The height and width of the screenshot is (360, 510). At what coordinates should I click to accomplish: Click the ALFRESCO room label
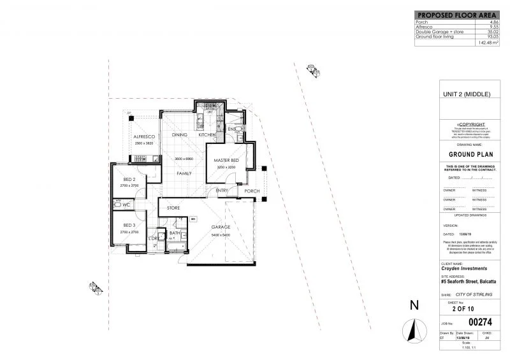tap(145, 137)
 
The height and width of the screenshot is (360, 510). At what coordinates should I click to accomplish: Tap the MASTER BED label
tap(226, 159)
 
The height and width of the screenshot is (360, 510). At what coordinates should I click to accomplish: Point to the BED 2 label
tap(129, 179)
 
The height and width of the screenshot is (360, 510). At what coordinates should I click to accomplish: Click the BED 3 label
tap(129, 226)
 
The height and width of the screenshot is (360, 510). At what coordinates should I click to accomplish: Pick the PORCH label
tap(252, 191)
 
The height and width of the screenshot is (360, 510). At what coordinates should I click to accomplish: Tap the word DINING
tap(180, 135)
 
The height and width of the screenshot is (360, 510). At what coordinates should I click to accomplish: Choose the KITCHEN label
tap(207, 135)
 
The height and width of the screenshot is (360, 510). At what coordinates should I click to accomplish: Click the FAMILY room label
tap(184, 173)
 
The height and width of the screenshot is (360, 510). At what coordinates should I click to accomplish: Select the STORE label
tap(173, 208)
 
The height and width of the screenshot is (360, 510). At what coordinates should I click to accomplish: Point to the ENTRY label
tap(222, 190)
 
